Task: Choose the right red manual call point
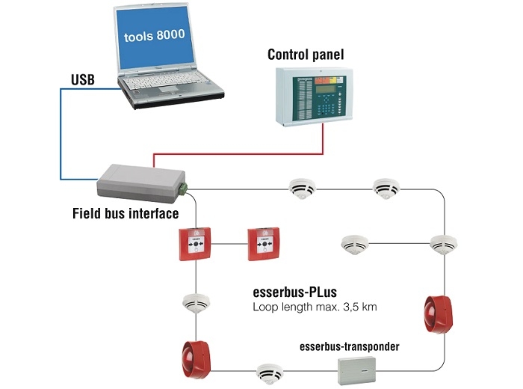point(264,244)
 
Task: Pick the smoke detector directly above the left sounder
point(195,303)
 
